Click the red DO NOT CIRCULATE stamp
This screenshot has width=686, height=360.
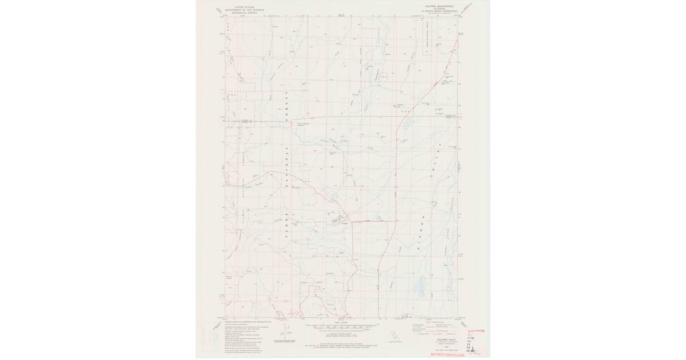[x=448, y=355]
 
